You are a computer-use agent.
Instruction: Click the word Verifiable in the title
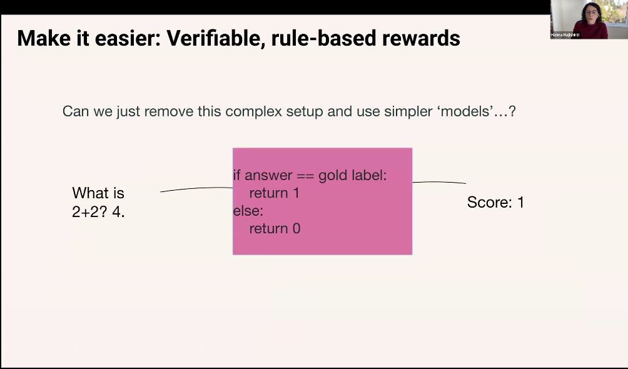[216, 38]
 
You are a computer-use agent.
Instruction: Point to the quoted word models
[467, 111]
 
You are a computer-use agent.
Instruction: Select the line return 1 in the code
[275, 193]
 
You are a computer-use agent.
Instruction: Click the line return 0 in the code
[275, 228]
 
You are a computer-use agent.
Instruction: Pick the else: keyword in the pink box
[248, 211]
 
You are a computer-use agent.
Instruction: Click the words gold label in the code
[353, 176]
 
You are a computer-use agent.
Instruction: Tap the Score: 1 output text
[495, 203]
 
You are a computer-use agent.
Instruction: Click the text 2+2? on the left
[90, 211]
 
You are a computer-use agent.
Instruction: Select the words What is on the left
[98, 193]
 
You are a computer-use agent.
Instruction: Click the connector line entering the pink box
[196, 188]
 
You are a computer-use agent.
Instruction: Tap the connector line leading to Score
[439, 182]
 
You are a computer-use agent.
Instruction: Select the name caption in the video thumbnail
[565, 35]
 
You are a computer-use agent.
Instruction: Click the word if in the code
[236, 176]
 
